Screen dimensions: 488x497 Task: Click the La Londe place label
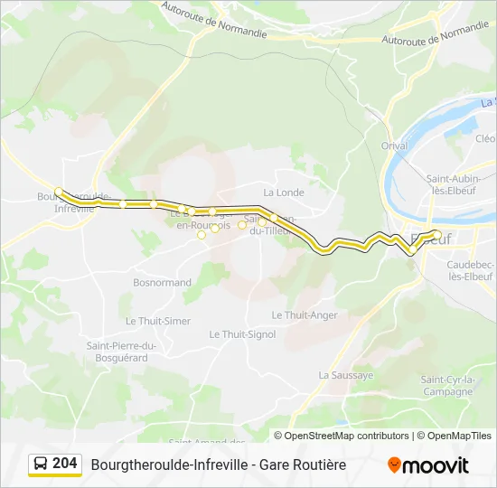point(284,192)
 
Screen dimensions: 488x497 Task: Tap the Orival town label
point(395,145)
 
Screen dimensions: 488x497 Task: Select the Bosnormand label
point(162,283)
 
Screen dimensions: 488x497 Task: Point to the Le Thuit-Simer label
point(158,321)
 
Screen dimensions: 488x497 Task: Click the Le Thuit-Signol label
point(242,334)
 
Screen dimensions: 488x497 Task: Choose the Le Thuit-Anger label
point(305,315)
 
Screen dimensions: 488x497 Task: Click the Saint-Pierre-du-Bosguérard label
point(122,352)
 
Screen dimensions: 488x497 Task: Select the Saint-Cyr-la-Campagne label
point(446,386)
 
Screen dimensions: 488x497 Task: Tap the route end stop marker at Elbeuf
point(437,235)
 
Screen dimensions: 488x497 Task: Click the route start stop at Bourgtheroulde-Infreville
point(59,192)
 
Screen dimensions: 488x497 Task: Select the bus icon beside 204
point(41,465)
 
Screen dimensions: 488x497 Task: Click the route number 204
point(65,464)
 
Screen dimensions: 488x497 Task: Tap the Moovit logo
point(428,465)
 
